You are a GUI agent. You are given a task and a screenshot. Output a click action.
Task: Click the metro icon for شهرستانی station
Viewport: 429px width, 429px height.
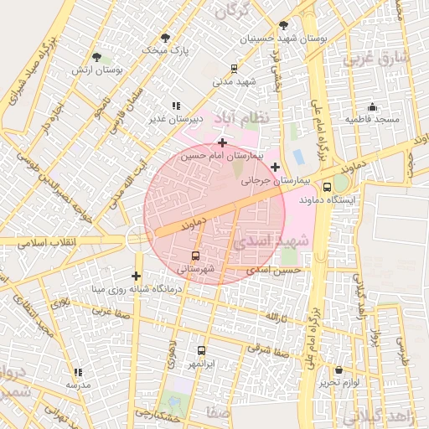196,256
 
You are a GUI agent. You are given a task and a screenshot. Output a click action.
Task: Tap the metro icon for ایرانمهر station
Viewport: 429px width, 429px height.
201,351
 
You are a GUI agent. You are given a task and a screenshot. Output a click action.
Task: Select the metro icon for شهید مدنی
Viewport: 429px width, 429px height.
235,69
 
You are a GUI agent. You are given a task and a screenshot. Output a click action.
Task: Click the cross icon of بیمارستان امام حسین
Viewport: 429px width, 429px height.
221,143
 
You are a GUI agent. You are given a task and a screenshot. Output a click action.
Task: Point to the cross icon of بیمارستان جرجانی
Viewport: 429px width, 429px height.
275,167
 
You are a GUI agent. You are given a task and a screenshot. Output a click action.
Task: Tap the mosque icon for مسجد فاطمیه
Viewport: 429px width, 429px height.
372,107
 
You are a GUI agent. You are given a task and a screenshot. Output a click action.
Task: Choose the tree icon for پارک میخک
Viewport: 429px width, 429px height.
165,38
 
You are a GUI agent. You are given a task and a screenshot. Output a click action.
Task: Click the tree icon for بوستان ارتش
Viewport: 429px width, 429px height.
97,58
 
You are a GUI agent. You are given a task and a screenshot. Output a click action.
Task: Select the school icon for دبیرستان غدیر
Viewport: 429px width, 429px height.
176,106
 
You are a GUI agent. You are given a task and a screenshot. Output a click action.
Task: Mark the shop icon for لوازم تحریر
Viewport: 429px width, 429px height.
339,370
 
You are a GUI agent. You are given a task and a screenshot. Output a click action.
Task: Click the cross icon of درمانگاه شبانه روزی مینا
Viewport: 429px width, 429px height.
136,276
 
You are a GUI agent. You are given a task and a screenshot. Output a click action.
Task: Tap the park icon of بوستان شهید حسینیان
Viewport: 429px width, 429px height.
283,25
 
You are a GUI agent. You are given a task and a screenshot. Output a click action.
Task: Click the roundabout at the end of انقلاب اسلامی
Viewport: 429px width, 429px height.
137,240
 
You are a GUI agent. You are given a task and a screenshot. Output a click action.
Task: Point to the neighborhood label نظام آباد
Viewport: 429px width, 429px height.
243,117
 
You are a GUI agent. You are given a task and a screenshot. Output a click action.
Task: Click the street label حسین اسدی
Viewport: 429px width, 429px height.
278,271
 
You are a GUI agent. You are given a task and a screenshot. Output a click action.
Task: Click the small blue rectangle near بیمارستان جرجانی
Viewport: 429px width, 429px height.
298,157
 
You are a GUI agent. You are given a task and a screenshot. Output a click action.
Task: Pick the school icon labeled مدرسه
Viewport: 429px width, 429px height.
78,372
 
